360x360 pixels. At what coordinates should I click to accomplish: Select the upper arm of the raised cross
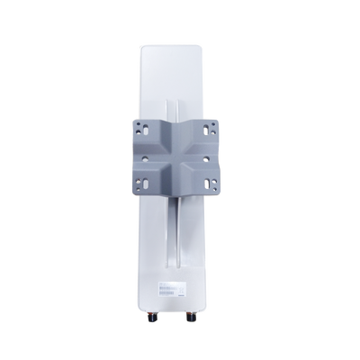180,126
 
